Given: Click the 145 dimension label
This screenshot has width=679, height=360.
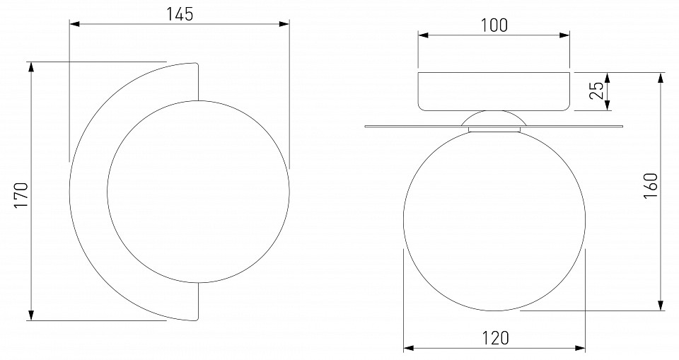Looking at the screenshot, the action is (180, 14).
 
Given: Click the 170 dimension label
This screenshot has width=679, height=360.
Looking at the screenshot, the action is (21, 195).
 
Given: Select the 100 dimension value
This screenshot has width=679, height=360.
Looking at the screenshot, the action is (494, 25).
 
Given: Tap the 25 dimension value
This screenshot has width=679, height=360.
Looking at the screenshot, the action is (597, 91).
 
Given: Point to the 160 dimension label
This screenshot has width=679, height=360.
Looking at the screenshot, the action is (651, 186).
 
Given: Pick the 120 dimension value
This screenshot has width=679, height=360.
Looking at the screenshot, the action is (496, 337).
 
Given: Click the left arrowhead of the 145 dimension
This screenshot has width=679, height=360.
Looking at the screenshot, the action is (74, 24).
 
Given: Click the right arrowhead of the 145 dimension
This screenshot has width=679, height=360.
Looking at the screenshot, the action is (284, 24).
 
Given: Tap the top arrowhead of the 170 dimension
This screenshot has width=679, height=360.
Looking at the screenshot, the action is (30, 66).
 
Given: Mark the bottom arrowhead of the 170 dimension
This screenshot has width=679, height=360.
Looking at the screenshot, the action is (30, 315).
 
